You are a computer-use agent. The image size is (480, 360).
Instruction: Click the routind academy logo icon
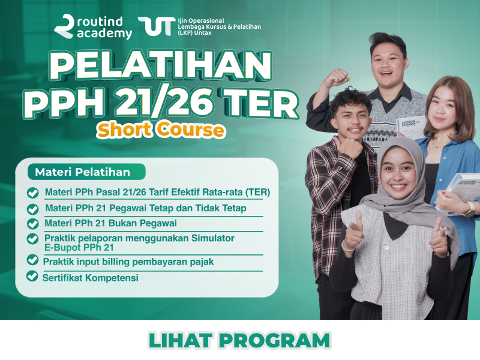pos(64,26)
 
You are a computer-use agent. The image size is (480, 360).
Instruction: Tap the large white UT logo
pos(157,26)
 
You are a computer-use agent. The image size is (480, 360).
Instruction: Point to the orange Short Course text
pos(161,130)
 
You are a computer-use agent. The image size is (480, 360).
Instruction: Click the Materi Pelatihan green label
pos(86,172)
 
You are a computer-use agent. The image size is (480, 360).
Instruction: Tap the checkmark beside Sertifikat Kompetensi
pos(32,276)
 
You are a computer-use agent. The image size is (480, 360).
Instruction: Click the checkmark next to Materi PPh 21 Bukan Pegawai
pos(32,223)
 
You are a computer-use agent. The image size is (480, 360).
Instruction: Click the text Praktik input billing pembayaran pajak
pos(128,262)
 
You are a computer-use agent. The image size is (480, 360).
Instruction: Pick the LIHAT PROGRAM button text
pos(239,341)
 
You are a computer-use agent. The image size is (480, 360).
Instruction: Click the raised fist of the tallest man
pos(336,78)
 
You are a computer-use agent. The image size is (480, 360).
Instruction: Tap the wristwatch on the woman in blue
pos(470,209)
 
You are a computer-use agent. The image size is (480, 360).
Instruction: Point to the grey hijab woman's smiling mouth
pos(398,186)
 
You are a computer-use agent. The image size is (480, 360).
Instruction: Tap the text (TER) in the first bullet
pos(257,192)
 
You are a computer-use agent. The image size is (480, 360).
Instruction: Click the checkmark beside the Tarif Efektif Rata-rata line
pos(32,193)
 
